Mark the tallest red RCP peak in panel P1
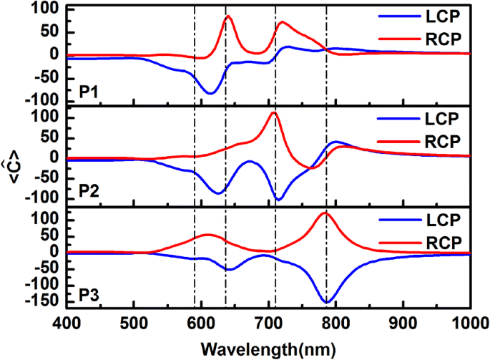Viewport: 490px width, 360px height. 228,16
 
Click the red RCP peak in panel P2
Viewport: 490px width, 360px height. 273,112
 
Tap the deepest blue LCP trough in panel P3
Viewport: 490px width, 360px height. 327,301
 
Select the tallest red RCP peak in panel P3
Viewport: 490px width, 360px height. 325,213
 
